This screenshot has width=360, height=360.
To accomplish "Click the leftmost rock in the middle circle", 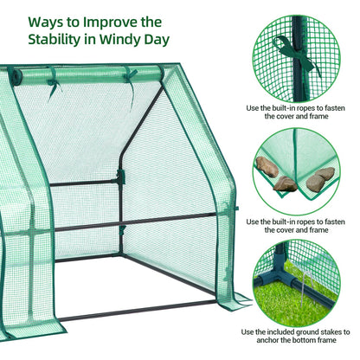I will (x=266, y=165).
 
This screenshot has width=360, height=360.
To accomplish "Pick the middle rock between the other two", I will (x=286, y=183).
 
